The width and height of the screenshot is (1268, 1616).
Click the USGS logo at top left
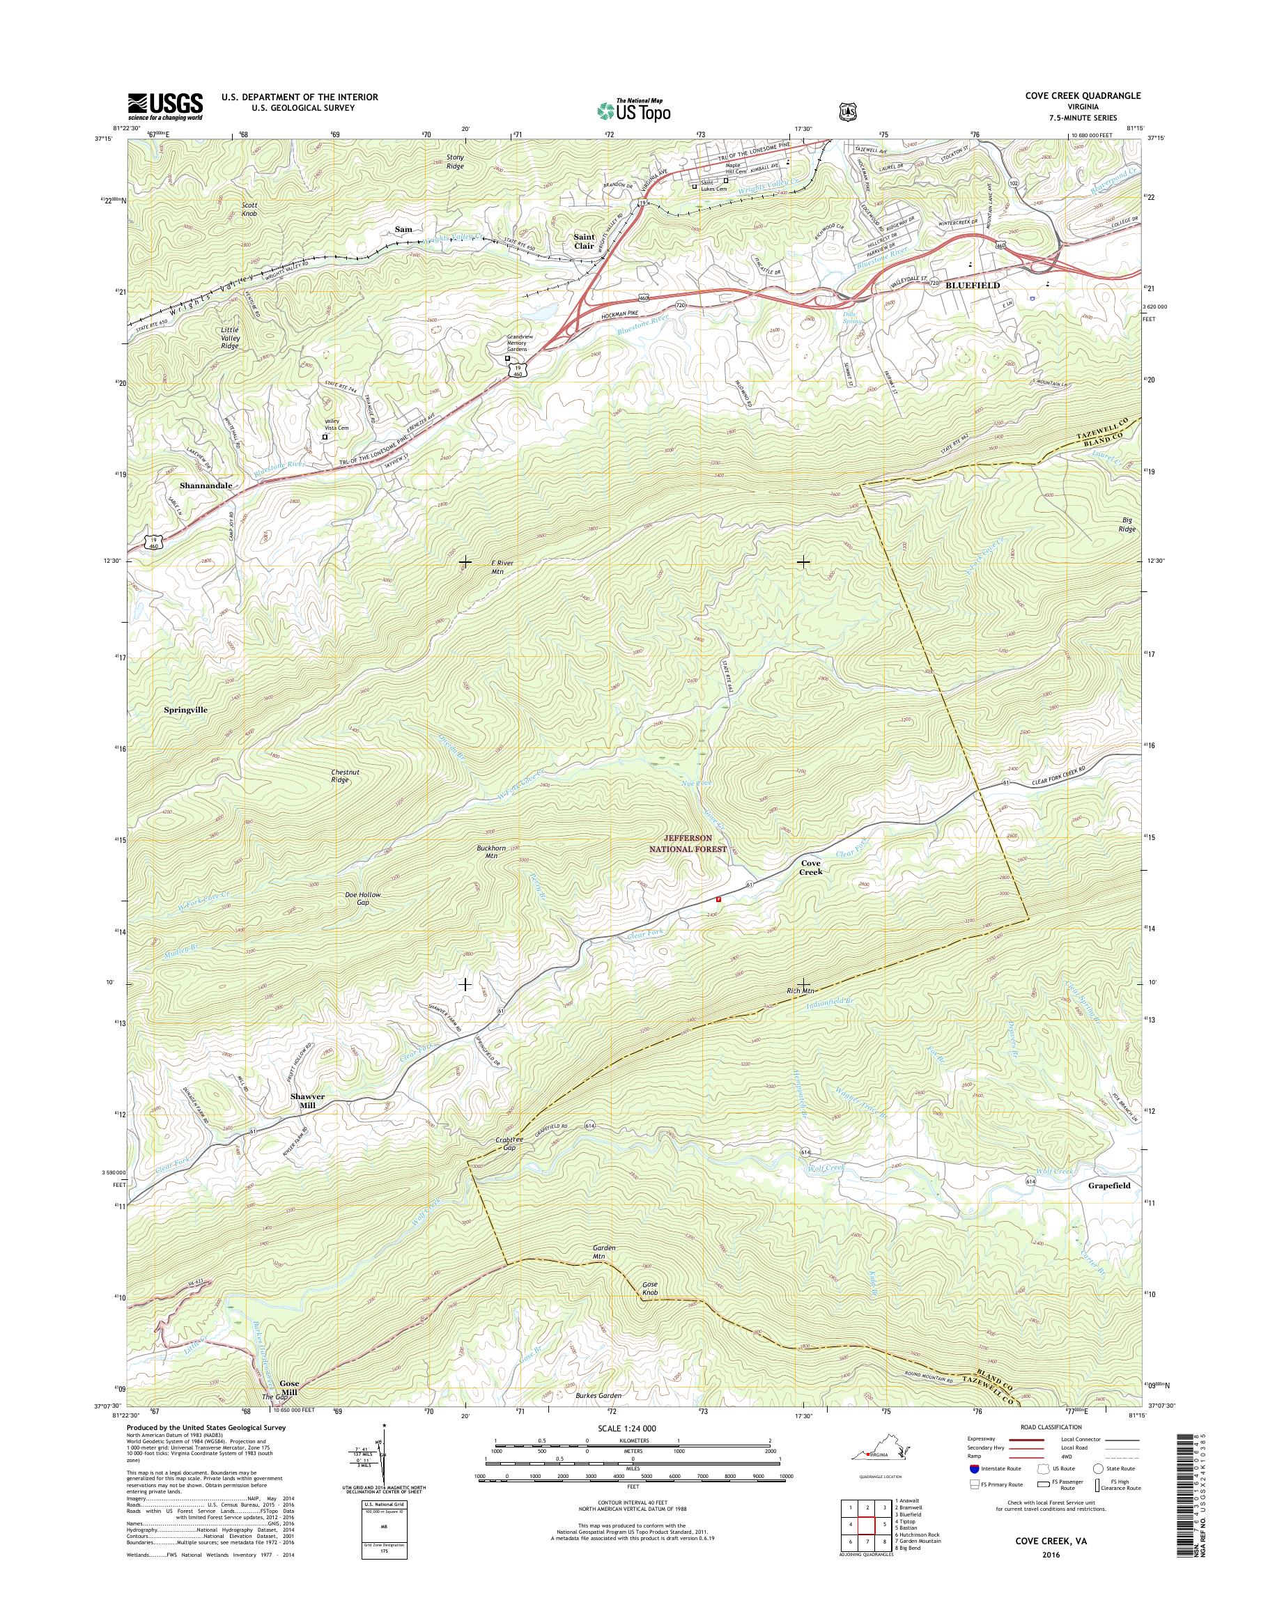[x=165, y=106]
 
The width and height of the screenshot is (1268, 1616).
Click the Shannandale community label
[x=206, y=485]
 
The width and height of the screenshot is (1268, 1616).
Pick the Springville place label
[x=185, y=710]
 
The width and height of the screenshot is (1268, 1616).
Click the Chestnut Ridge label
[x=344, y=776]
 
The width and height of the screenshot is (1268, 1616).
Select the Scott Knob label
[x=249, y=208]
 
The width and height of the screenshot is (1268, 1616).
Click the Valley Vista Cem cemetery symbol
[x=325, y=438]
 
